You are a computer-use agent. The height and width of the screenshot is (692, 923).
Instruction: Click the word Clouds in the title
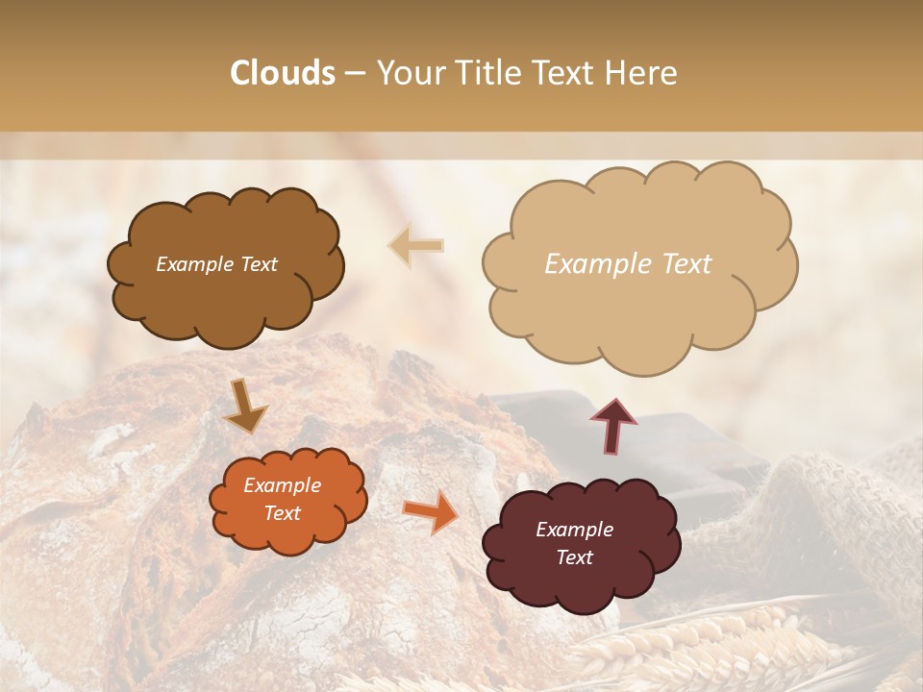click(283, 73)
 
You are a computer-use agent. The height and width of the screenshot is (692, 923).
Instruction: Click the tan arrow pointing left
click(416, 245)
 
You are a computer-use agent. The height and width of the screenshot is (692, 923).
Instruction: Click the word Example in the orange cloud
click(282, 485)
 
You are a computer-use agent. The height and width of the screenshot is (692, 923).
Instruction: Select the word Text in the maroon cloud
click(574, 557)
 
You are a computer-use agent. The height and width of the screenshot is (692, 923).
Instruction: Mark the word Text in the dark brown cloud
click(257, 264)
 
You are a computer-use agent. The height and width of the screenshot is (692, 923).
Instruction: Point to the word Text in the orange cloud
click(282, 513)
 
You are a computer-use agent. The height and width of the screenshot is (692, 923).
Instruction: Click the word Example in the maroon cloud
click(574, 530)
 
